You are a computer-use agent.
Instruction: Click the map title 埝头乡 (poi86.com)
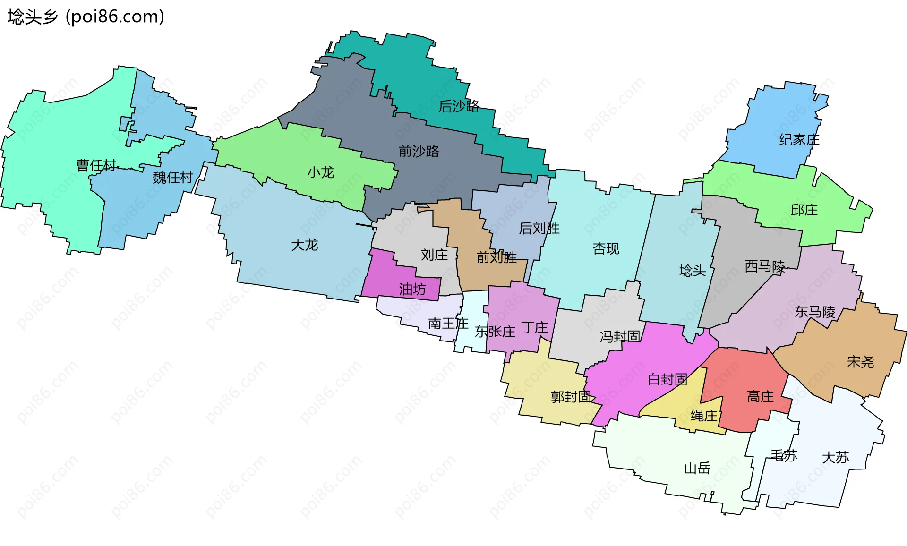tap(86, 17)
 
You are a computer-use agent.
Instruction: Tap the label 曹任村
tap(96, 165)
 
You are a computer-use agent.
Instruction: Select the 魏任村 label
tap(172, 178)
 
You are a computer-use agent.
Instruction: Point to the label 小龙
tap(321, 172)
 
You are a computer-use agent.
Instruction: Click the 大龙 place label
tap(304, 245)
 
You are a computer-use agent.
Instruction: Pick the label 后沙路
tap(459, 106)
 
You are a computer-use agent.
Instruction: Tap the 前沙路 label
tap(419, 151)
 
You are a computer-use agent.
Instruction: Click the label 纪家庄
tap(799, 140)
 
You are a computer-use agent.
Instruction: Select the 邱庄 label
tap(804, 210)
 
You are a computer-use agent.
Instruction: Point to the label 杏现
tap(606, 248)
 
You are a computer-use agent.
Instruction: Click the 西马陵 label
tap(765, 267)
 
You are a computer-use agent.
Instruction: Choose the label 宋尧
tap(860, 362)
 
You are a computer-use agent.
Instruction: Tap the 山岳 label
tap(697, 468)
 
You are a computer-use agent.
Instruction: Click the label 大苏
tap(835, 457)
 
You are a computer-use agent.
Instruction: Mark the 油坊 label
tap(412, 289)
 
